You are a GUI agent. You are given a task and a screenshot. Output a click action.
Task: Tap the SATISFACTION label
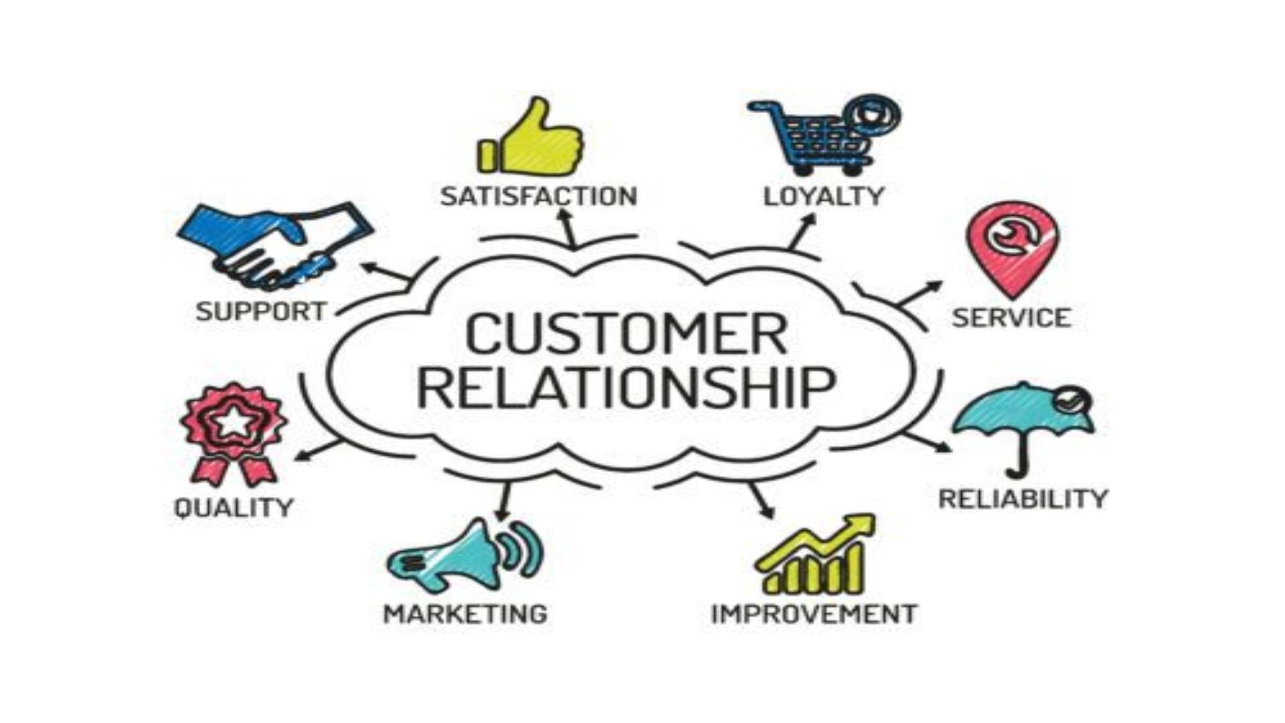tap(539, 196)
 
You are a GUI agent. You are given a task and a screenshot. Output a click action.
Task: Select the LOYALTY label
tap(824, 196)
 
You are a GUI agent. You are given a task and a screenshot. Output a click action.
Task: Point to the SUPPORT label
tap(261, 311)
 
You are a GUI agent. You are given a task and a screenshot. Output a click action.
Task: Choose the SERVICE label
tap(1011, 317)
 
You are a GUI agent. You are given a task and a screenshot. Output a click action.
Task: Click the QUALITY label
tap(234, 507)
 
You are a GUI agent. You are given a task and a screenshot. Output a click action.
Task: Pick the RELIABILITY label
tap(1023, 499)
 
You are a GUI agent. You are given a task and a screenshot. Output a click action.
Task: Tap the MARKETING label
tap(465, 613)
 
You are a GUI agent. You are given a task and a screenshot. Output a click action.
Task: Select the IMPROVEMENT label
tap(814, 613)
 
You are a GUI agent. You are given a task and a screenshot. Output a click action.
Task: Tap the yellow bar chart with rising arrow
tap(815, 554)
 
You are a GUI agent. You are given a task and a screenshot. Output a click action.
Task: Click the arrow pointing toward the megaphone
tap(503, 501)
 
